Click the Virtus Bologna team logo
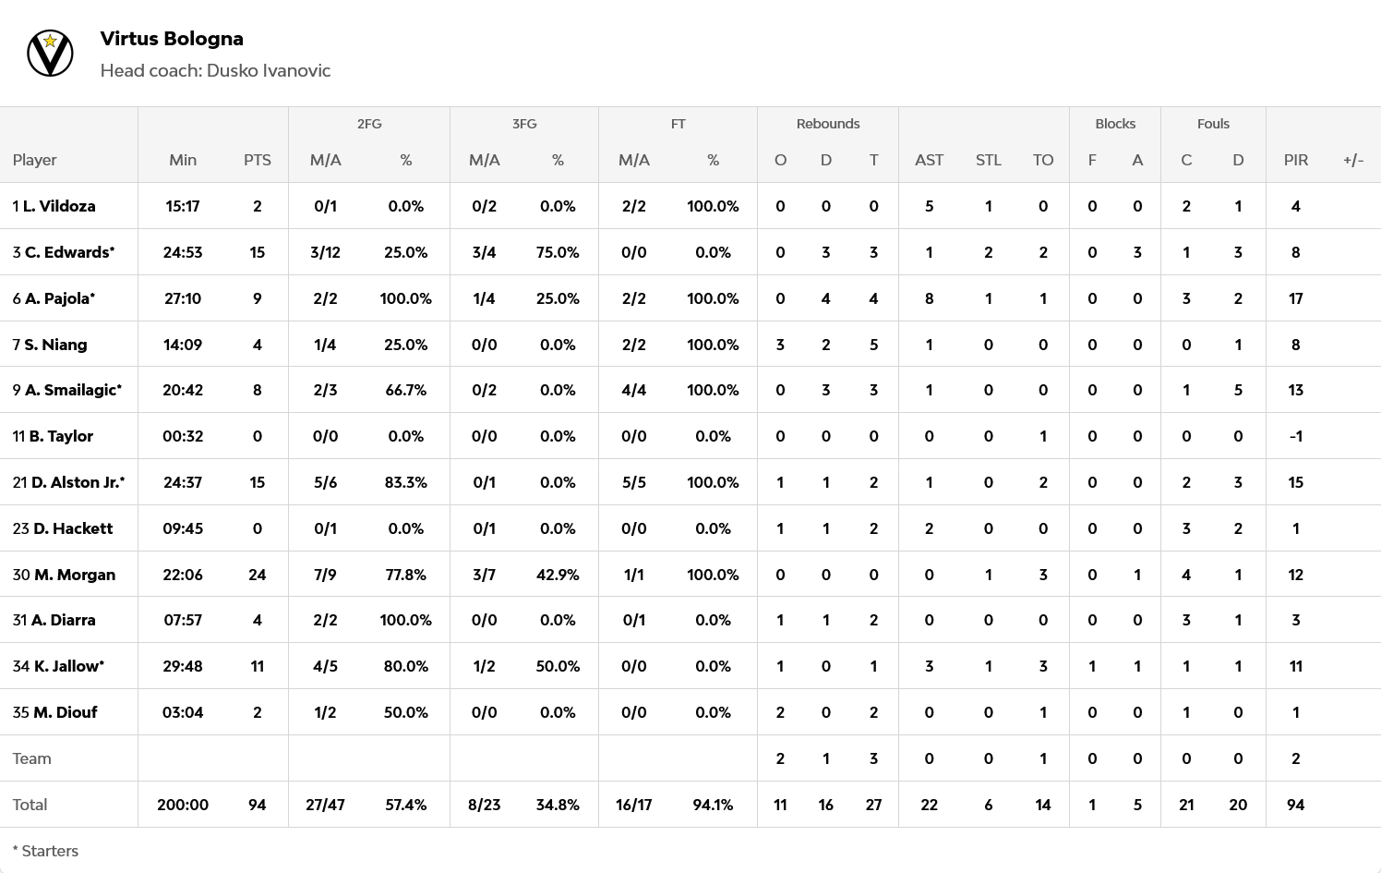(50, 54)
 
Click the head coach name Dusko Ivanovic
(268, 71)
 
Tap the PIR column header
(1295, 160)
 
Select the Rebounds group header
(827, 124)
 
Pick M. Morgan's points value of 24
(257, 575)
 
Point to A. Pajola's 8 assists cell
(929, 298)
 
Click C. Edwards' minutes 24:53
(183, 252)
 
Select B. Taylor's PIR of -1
(1295, 436)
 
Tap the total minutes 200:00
(183, 805)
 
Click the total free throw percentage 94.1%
(713, 805)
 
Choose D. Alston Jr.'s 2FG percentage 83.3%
(405, 482)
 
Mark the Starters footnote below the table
(45, 851)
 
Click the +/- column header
(1352, 160)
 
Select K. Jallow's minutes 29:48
(183, 666)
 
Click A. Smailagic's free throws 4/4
(633, 390)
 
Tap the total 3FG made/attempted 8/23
(484, 805)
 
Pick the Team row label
(31, 758)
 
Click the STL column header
(988, 160)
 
